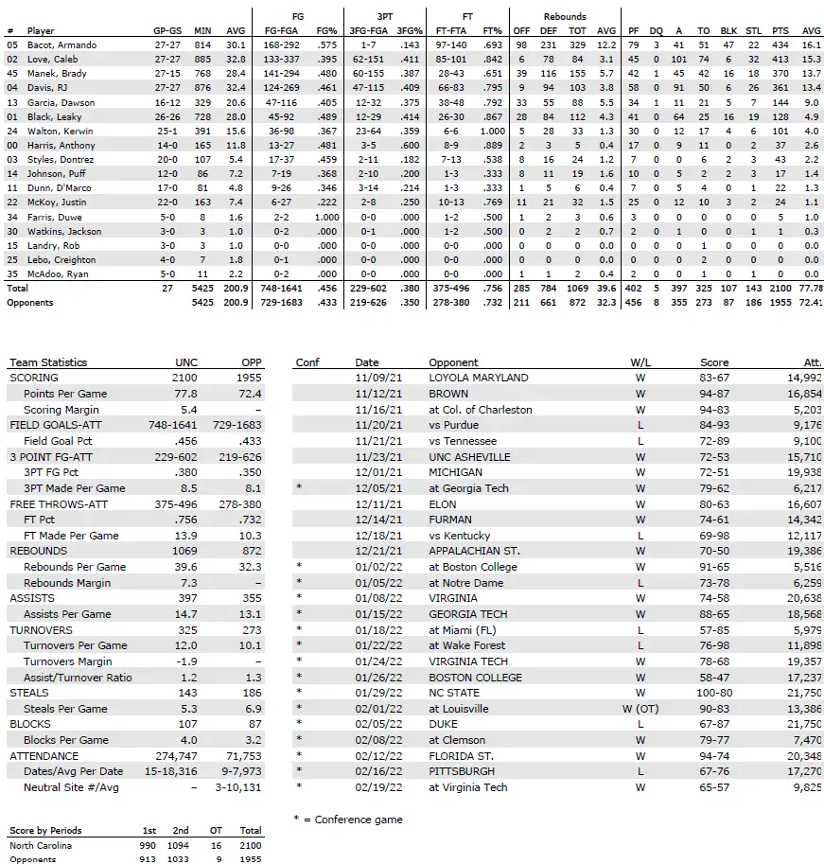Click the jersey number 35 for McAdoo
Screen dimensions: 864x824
point(11,273)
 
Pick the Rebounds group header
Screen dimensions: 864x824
point(565,16)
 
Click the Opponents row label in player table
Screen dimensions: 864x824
point(29,303)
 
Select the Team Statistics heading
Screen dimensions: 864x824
point(47,362)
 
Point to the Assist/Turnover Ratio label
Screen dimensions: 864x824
point(78,678)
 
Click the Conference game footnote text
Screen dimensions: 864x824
point(348,820)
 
